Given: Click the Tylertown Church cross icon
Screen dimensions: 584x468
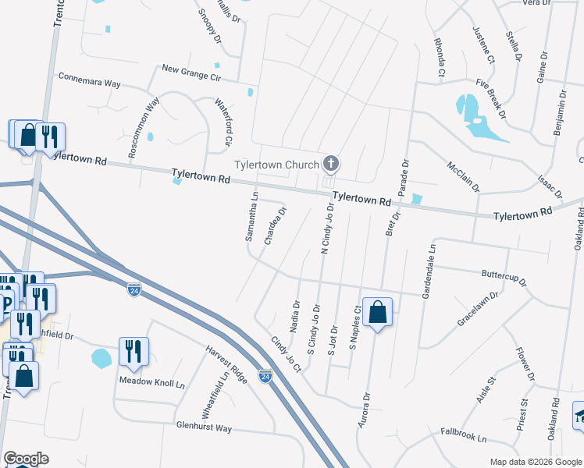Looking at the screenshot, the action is click(x=331, y=164).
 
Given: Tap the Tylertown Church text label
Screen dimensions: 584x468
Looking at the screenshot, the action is click(x=277, y=165).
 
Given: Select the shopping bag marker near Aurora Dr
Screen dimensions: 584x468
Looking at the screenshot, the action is click(x=377, y=314).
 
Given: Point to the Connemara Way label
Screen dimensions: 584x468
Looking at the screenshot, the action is click(x=90, y=80).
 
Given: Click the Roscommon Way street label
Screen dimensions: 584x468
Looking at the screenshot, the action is click(x=144, y=129).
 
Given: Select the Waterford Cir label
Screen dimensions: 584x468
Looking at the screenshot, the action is click(x=223, y=122).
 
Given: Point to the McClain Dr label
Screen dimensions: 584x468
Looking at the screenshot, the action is click(x=463, y=177).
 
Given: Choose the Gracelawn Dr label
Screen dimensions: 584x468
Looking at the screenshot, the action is click(x=478, y=308).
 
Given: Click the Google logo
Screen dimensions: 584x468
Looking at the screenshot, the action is click(x=26, y=459).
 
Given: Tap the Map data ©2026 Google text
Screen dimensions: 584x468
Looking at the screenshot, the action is click(x=535, y=462).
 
